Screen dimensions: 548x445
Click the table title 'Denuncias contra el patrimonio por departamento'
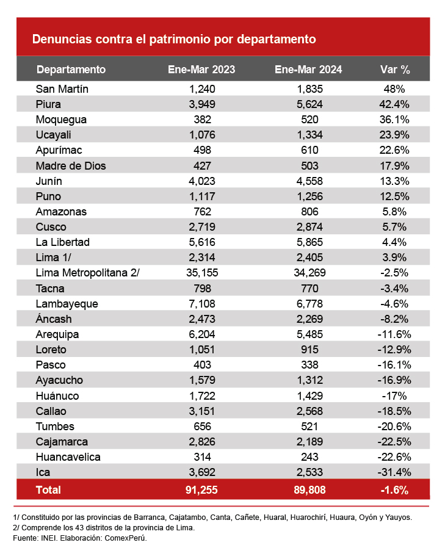[x=173, y=40]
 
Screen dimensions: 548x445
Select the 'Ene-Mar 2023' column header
[x=201, y=69]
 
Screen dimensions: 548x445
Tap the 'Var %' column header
[x=395, y=69]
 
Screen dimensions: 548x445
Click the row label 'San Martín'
[x=62, y=88]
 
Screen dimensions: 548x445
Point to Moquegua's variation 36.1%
[x=395, y=119]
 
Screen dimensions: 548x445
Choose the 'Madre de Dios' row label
[x=67, y=165]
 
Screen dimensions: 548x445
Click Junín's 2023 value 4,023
[x=201, y=181]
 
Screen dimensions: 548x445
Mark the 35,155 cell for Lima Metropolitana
[x=201, y=273]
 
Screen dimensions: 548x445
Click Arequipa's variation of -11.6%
[x=395, y=334]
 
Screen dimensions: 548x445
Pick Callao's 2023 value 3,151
[x=201, y=411]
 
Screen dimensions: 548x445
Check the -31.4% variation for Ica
[x=395, y=472]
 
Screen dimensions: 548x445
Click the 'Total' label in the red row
[x=49, y=489]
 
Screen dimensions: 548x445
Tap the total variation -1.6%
[x=395, y=489]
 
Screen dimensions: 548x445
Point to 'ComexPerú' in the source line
[x=125, y=538]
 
